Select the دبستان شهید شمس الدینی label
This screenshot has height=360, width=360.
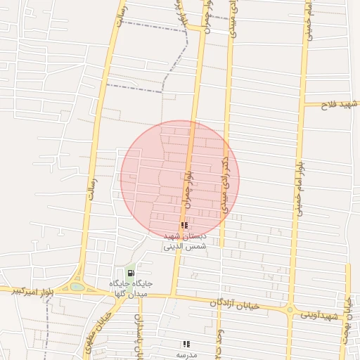pos(184,242)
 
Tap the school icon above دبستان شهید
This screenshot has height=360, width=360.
pos(184,226)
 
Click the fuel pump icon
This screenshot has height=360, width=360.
pos(131,273)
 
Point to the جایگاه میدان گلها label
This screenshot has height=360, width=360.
pos(131,288)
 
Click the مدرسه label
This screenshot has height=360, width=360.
pos(186,355)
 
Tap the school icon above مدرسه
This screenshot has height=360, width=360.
pos(186,344)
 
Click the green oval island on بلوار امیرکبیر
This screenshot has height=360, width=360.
pos(76,287)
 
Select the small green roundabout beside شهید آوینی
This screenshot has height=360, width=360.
pos(289,309)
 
